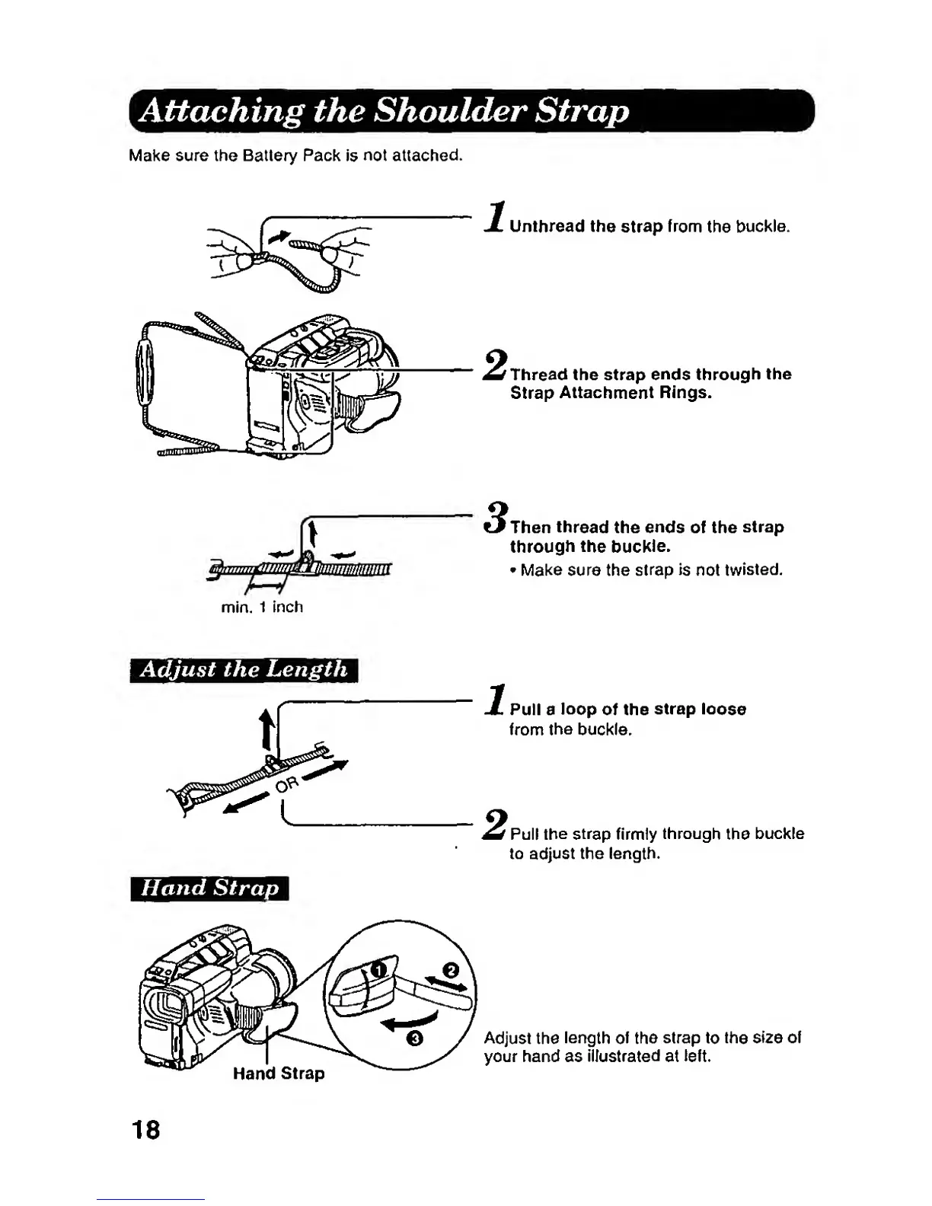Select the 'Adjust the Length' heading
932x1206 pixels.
pos(244,670)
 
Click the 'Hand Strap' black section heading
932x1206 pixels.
pos(209,889)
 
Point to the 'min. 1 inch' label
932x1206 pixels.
pos(262,608)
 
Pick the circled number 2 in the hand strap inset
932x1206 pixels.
pos(450,971)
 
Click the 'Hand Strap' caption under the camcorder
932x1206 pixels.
pos(279,1074)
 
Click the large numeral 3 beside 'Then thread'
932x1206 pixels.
pos(497,519)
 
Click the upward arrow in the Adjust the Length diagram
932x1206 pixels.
pos(267,729)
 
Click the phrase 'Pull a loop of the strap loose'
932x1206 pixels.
pos(627,710)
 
